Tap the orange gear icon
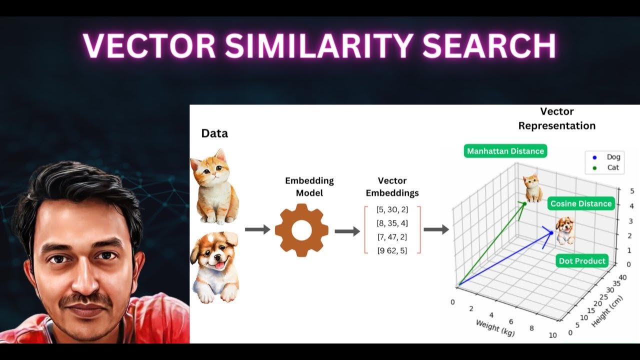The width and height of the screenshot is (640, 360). (301, 230)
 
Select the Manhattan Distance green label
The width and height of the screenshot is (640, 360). (505, 151)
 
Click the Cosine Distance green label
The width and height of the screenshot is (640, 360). (580, 203)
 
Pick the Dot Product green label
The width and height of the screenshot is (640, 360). (582, 260)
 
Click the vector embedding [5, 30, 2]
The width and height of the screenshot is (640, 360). (392, 209)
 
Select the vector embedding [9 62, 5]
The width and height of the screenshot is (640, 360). (392, 250)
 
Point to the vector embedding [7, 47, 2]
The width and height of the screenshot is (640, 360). (392, 237)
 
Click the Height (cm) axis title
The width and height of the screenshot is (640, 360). (607, 311)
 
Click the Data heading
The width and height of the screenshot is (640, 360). (214, 133)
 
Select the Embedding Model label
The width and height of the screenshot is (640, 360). (309, 186)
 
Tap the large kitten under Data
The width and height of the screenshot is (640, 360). (214, 186)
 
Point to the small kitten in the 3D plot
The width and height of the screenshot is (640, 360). (533, 188)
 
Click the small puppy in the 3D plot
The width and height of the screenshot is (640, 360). (564, 230)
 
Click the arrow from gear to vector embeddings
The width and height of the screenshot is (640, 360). (347, 231)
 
